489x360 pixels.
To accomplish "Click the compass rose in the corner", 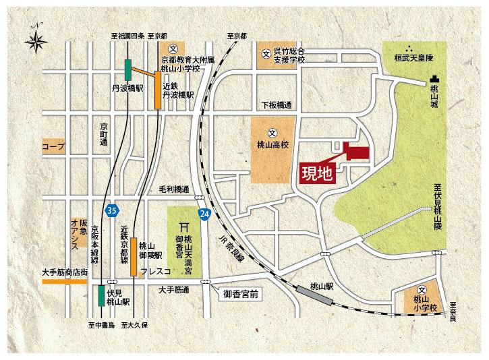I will tap(35, 41).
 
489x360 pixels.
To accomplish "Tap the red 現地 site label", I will tap(316, 173).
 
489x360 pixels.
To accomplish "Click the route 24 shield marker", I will tap(204, 214).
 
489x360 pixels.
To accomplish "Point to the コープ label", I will tap(52, 146).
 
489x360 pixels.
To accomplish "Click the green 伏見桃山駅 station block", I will tap(100, 296).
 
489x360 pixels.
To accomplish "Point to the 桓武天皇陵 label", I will tap(415, 59).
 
